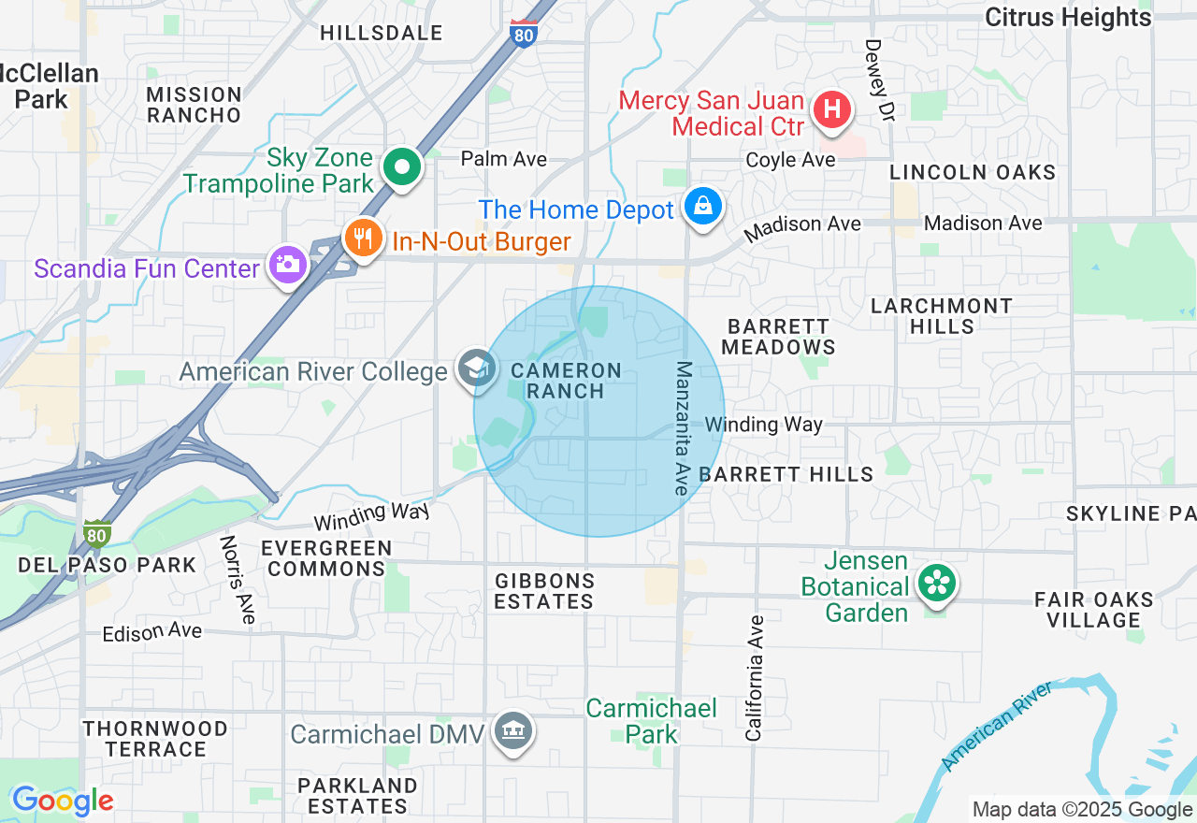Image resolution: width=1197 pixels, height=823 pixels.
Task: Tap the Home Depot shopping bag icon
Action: (702, 205)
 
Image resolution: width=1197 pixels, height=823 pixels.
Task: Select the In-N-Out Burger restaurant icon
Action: (364, 238)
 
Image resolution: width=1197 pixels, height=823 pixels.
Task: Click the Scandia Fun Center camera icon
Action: (287, 264)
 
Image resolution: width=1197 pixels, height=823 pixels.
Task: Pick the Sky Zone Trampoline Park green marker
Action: (403, 167)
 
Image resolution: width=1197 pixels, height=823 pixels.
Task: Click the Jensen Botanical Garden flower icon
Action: (935, 584)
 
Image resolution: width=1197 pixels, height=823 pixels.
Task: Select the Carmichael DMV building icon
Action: (512, 730)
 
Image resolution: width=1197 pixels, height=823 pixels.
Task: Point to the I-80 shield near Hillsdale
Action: (524, 34)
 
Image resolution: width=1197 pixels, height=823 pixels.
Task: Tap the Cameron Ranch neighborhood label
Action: (567, 381)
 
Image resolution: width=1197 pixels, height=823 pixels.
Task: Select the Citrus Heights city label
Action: (1068, 17)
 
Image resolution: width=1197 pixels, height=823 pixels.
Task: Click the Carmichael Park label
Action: (651, 721)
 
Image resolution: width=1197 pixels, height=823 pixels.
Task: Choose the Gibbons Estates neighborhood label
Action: (543, 591)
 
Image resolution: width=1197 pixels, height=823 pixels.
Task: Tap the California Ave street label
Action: (755, 678)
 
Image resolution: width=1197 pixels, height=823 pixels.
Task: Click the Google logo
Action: (63, 801)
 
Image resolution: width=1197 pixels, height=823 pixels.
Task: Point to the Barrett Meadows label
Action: (778, 337)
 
